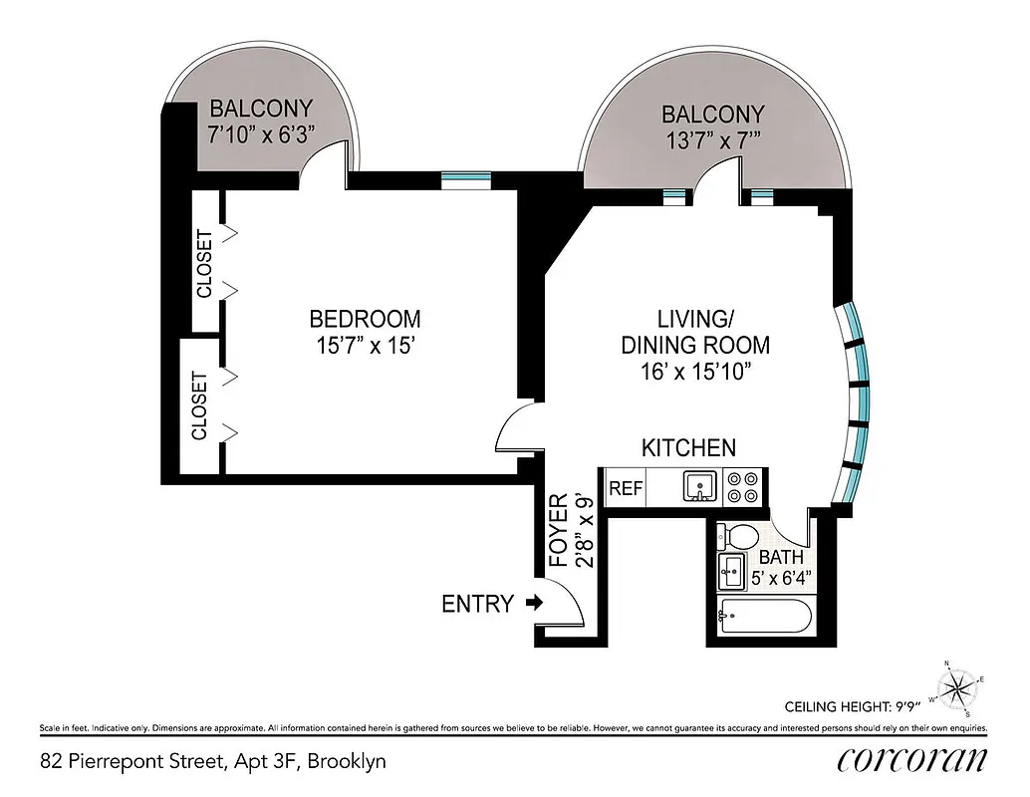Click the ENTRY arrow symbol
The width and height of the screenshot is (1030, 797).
(534, 603)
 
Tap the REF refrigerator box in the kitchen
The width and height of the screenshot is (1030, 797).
(626, 488)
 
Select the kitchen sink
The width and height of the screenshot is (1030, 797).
(700, 487)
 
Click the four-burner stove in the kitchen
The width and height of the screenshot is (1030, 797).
(741, 487)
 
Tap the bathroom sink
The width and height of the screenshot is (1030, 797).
(729, 573)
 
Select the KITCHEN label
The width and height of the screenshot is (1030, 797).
(688, 447)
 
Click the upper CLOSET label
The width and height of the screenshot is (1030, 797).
(204, 264)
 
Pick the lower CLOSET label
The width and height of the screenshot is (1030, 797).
(200, 405)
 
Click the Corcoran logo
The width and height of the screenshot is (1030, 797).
(912, 759)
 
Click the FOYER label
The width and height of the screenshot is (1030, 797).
(559, 530)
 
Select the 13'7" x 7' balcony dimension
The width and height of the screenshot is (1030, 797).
(713, 141)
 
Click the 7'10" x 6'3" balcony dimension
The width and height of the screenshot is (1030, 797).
(261, 135)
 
